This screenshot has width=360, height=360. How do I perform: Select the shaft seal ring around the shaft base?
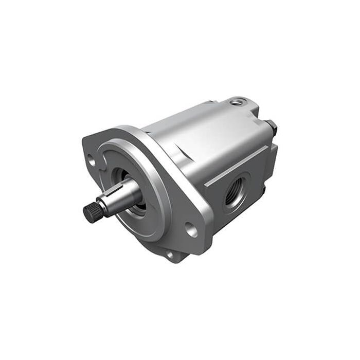[x=138, y=206]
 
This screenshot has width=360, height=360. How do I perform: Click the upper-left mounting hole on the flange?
[x=92, y=160]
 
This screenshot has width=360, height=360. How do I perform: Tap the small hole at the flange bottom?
[x=170, y=254]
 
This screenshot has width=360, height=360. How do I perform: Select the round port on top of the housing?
[x=236, y=103]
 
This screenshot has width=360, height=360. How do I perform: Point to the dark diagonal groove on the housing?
[x=177, y=149]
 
